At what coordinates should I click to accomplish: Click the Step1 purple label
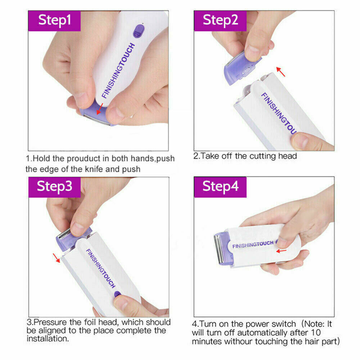[x=54, y=20]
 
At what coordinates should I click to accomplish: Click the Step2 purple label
[x=220, y=20]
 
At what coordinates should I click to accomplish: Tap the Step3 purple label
[x=54, y=186]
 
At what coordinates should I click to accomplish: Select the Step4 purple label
[x=220, y=186]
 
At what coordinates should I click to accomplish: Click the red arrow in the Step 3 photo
[x=56, y=258]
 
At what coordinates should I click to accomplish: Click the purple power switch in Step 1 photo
[x=137, y=31]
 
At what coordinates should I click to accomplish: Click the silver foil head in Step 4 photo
[x=218, y=250]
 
